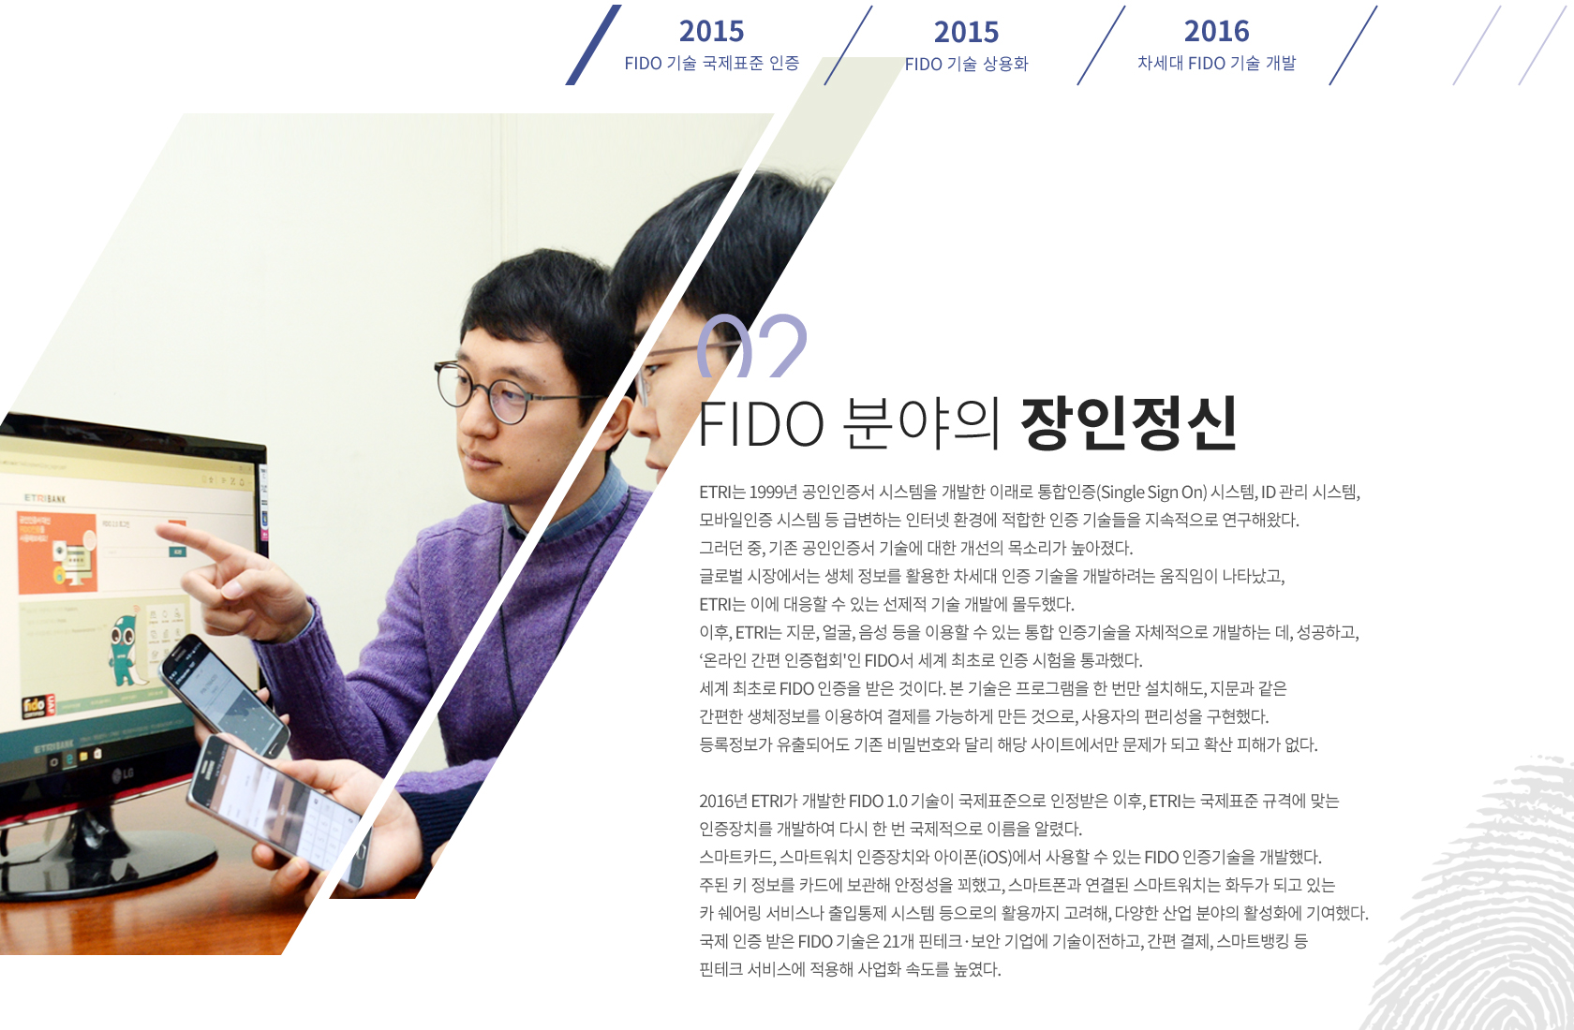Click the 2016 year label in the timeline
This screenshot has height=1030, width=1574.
point(1216,31)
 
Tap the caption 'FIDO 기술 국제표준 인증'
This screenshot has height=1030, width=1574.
point(712,63)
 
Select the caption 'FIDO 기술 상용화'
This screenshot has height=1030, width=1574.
point(966,64)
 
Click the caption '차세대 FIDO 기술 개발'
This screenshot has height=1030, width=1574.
point(1216,63)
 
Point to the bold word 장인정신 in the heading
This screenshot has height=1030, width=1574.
point(1128,422)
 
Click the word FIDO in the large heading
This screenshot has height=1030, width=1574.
point(761,424)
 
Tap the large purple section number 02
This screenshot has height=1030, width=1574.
point(751,346)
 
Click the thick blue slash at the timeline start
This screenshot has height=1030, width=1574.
point(593,45)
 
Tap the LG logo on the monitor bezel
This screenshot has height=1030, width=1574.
point(123,773)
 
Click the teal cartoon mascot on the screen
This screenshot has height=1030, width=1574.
point(126,650)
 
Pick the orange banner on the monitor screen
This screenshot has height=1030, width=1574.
point(57,552)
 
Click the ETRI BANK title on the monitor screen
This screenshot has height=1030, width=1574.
point(45,498)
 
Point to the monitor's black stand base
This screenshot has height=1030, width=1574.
point(105,863)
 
